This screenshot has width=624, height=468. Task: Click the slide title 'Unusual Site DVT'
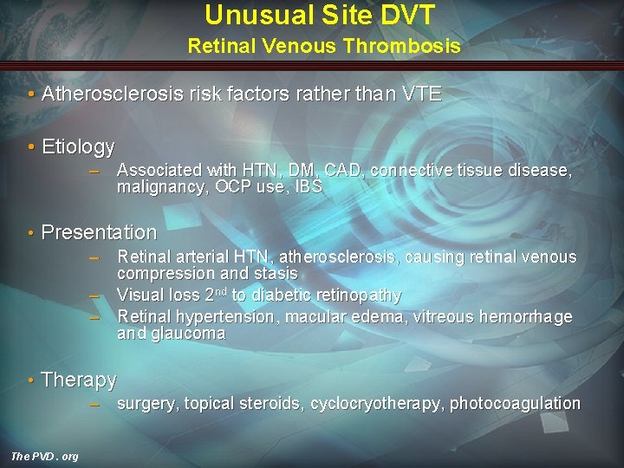(x=320, y=15)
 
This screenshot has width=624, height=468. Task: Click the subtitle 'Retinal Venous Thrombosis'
(x=324, y=46)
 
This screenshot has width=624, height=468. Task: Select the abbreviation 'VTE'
(x=422, y=94)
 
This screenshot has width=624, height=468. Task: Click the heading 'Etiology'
(x=78, y=146)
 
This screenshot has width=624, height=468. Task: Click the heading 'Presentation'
(x=99, y=232)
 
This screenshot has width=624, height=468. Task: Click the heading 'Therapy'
(x=79, y=380)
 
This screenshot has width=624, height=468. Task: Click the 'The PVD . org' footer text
(x=44, y=456)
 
